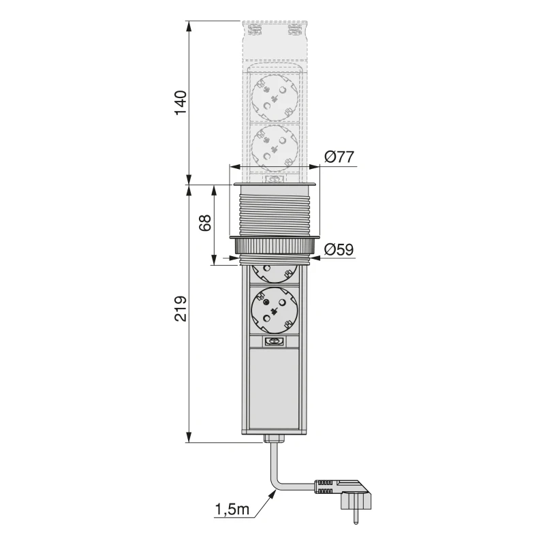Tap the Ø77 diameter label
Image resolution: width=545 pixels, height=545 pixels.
click(339, 157)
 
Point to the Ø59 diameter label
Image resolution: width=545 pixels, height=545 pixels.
click(339, 250)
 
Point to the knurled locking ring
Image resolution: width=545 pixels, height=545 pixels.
click(275, 245)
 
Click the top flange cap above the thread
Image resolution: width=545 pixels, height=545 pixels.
click(275, 185)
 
